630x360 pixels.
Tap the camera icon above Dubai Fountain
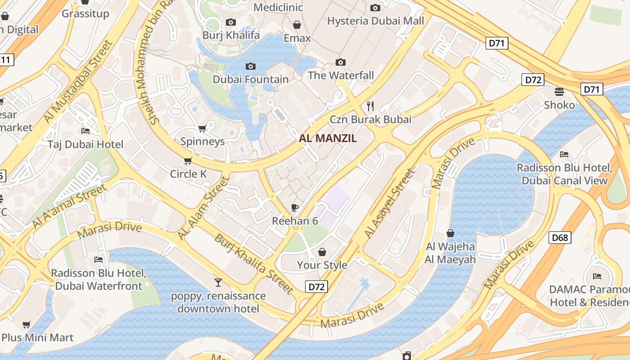[251, 67]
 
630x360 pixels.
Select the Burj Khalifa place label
[231, 35]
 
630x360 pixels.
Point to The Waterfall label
[341, 75]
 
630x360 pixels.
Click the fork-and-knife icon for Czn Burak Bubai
[370, 106]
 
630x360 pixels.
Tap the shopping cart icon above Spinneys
[202, 129]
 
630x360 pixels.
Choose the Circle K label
[188, 174]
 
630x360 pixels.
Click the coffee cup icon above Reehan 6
[295, 207]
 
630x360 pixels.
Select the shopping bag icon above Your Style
[322, 252]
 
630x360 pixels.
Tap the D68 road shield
[560, 237]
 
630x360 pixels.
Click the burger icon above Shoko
[559, 92]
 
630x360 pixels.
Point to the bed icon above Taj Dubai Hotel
[85, 131]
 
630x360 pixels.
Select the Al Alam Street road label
[203, 208]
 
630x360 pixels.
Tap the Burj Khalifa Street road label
[254, 262]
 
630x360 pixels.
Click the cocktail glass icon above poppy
[218, 283]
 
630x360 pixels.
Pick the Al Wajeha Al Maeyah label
[450, 253]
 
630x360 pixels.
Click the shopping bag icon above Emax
[297, 25]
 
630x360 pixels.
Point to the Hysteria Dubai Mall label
[375, 21]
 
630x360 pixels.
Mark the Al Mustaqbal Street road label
[77, 81]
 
